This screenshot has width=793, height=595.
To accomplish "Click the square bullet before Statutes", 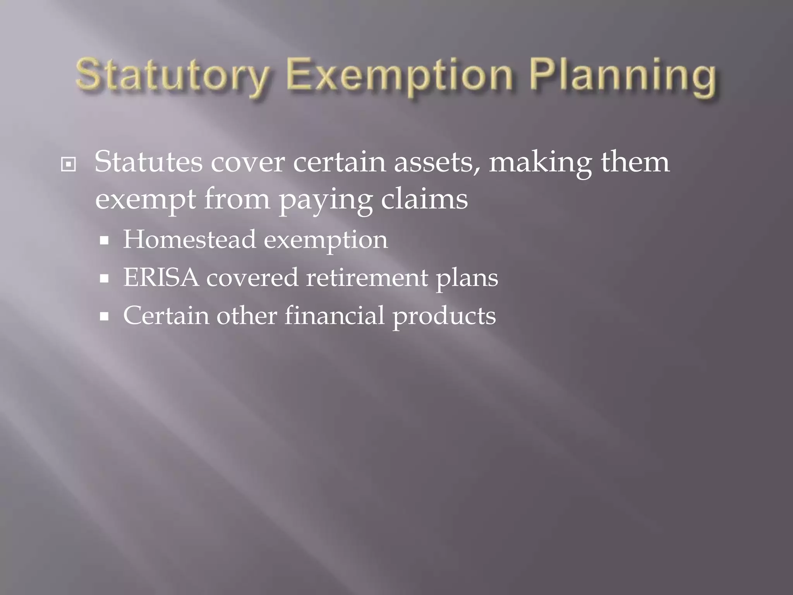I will (x=69, y=165).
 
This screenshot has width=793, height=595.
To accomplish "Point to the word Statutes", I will (x=148, y=162).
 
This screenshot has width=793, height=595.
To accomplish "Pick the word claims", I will (x=424, y=199).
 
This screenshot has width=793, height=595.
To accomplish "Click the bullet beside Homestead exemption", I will (x=104, y=241).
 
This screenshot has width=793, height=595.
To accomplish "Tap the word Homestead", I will (x=189, y=239).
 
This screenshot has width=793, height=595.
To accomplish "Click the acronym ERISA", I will (x=161, y=277).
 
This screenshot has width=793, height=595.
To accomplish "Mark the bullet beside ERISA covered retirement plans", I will (x=104, y=279).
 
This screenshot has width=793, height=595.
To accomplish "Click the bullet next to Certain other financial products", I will (x=104, y=317).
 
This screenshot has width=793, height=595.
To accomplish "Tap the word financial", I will (x=335, y=315).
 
